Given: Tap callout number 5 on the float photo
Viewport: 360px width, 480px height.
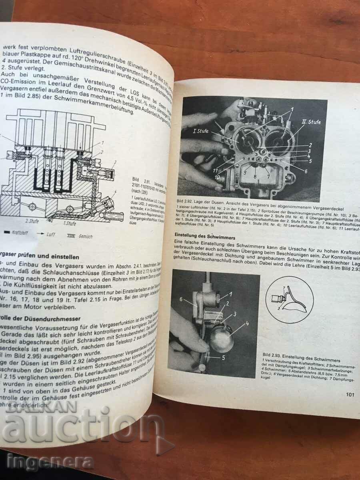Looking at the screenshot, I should point(224,357).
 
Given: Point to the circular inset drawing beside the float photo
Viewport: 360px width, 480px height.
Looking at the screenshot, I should point(290,298).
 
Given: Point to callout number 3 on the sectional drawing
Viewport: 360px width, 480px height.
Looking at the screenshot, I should point(115,162).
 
